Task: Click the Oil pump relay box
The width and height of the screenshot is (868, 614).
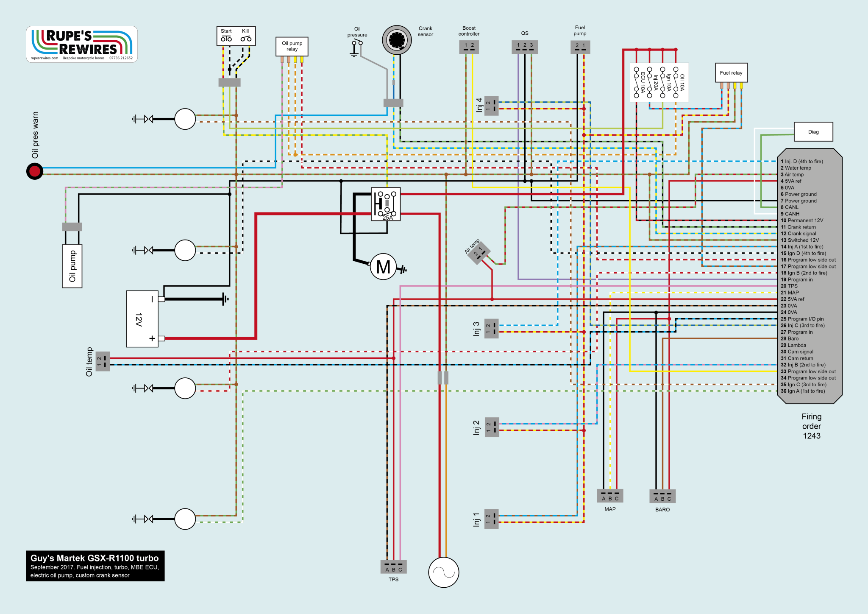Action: click(292, 47)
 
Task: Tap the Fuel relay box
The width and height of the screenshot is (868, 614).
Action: click(731, 73)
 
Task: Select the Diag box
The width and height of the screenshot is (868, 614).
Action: click(813, 132)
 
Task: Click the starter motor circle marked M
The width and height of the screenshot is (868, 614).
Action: click(383, 267)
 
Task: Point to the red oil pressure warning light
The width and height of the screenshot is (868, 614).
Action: click(35, 171)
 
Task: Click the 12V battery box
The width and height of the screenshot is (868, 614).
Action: click(142, 319)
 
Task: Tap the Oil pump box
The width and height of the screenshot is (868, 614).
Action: click(72, 266)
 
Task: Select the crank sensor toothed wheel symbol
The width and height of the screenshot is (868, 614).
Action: click(397, 40)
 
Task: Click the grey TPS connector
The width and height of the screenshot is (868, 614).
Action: click(393, 567)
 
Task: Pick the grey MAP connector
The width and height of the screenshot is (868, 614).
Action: click(610, 496)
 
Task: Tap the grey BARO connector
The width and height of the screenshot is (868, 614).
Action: click(662, 496)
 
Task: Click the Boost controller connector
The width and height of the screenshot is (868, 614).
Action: click(469, 47)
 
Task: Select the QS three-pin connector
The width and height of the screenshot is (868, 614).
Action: click(525, 47)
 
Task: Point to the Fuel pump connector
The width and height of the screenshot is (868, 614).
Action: click(580, 47)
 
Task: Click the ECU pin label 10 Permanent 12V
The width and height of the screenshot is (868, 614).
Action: click(802, 220)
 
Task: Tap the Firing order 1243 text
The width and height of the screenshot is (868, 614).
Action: click(811, 426)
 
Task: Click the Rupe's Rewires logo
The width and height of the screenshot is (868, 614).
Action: click(82, 45)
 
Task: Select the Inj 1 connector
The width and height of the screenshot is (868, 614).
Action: click(492, 519)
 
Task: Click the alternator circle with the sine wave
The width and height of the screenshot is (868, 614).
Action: click(443, 572)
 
